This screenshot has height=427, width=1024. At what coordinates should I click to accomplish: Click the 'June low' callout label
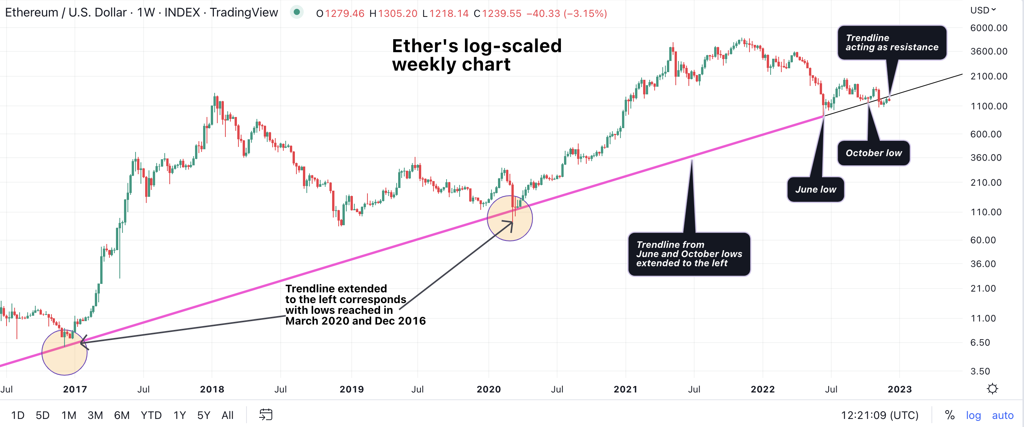point(815,190)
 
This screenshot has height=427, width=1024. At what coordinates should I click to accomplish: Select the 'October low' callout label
point(873,153)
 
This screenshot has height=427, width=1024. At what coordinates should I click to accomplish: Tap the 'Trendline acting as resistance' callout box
point(892,43)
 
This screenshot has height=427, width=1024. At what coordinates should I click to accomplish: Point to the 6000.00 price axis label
point(989,28)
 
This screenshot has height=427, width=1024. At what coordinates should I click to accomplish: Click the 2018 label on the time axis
point(212,389)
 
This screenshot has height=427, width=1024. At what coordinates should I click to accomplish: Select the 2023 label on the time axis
point(900,389)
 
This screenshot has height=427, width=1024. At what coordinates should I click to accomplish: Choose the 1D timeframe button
point(18,415)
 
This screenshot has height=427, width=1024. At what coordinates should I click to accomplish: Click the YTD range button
point(151,415)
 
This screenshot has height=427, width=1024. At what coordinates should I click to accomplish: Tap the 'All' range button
point(227,415)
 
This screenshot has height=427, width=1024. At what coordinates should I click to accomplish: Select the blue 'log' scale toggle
point(973,415)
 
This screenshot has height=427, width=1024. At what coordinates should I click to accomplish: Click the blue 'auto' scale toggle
point(1002,415)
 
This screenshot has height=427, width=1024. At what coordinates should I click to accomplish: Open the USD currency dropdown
point(983,10)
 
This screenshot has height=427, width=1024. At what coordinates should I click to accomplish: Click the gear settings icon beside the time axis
point(992,389)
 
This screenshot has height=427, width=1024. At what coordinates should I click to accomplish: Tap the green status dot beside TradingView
point(296,12)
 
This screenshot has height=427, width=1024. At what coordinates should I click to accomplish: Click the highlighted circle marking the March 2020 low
point(510,218)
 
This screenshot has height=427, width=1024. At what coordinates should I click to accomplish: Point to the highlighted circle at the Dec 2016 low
point(65,352)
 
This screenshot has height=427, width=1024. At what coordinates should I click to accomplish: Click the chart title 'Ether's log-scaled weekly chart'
point(476,55)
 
